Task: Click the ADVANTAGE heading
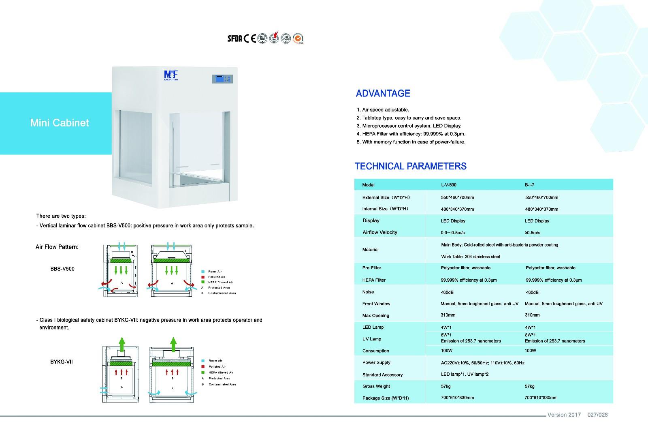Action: click(x=383, y=94)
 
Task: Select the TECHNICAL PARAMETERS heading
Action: click(x=410, y=166)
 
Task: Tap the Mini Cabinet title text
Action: click(x=60, y=123)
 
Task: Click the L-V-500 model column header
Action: click(x=448, y=185)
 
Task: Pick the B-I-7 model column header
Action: click(x=529, y=185)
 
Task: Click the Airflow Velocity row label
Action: click(x=380, y=232)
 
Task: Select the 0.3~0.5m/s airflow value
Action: click(x=453, y=233)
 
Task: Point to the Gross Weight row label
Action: click(x=376, y=386)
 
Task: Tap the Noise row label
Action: click(x=368, y=292)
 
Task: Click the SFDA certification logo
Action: click(x=234, y=39)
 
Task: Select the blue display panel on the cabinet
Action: click(x=220, y=79)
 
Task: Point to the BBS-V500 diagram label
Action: click(x=62, y=269)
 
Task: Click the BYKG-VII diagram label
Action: click(x=62, y=361)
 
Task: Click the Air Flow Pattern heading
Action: click(x=57, y=247)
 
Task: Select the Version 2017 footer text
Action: click(x=564, y=415)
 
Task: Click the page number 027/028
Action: click(x=597, y=415)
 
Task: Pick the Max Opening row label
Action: click(x=375, y=315)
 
